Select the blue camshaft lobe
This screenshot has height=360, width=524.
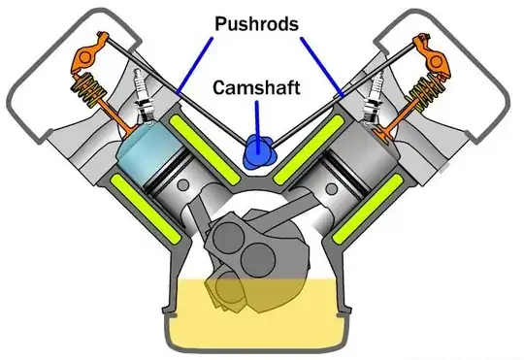point(259,150)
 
